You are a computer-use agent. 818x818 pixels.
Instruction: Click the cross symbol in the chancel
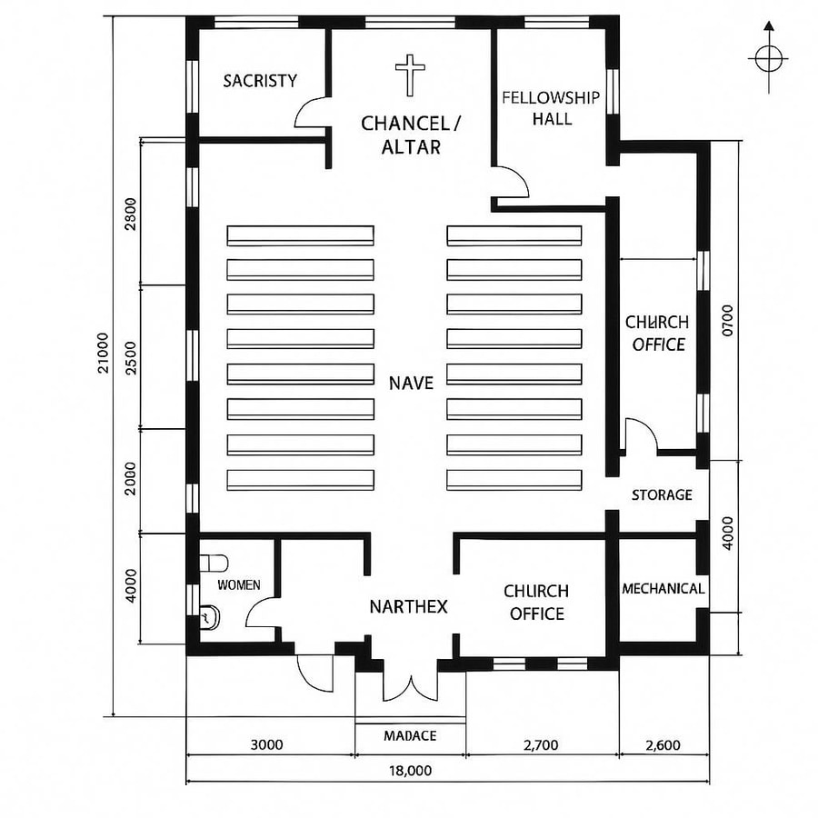(x=411, y=75)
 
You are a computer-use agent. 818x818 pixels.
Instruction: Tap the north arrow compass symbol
(x=768, y=59)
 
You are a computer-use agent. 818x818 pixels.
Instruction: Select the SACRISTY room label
(x=260, y=81)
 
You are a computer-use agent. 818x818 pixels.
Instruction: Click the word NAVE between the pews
(x=411, y=383)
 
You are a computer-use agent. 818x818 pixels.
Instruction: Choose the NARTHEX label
(x=408, y=606)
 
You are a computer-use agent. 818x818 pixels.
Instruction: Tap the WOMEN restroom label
(x=238, y=584)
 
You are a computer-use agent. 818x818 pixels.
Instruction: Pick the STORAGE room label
(x=662, y=494)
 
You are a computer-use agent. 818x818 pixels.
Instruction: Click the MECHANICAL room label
(x=663, y=589)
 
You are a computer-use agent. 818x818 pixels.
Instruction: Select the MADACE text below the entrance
(x=410, y=735)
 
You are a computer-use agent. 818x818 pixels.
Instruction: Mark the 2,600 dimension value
(x=662, y=745)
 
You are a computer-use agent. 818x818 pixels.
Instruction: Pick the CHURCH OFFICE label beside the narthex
(x=536, y=603)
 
